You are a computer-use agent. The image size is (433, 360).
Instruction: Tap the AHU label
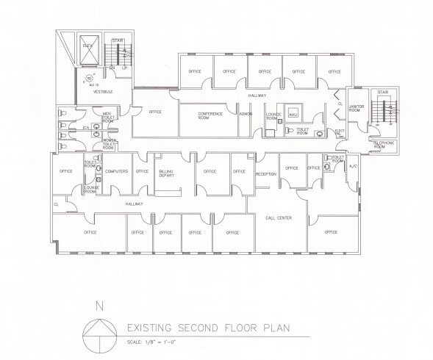pos(293,115)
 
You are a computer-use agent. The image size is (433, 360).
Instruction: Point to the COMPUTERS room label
pos(117,171)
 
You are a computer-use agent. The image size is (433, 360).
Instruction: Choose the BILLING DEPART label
pos(168,173)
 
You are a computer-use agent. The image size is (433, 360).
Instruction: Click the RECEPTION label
pos(265,174)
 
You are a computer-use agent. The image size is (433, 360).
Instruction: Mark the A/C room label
pos(352,168)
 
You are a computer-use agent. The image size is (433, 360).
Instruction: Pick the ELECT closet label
pos(340,133)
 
